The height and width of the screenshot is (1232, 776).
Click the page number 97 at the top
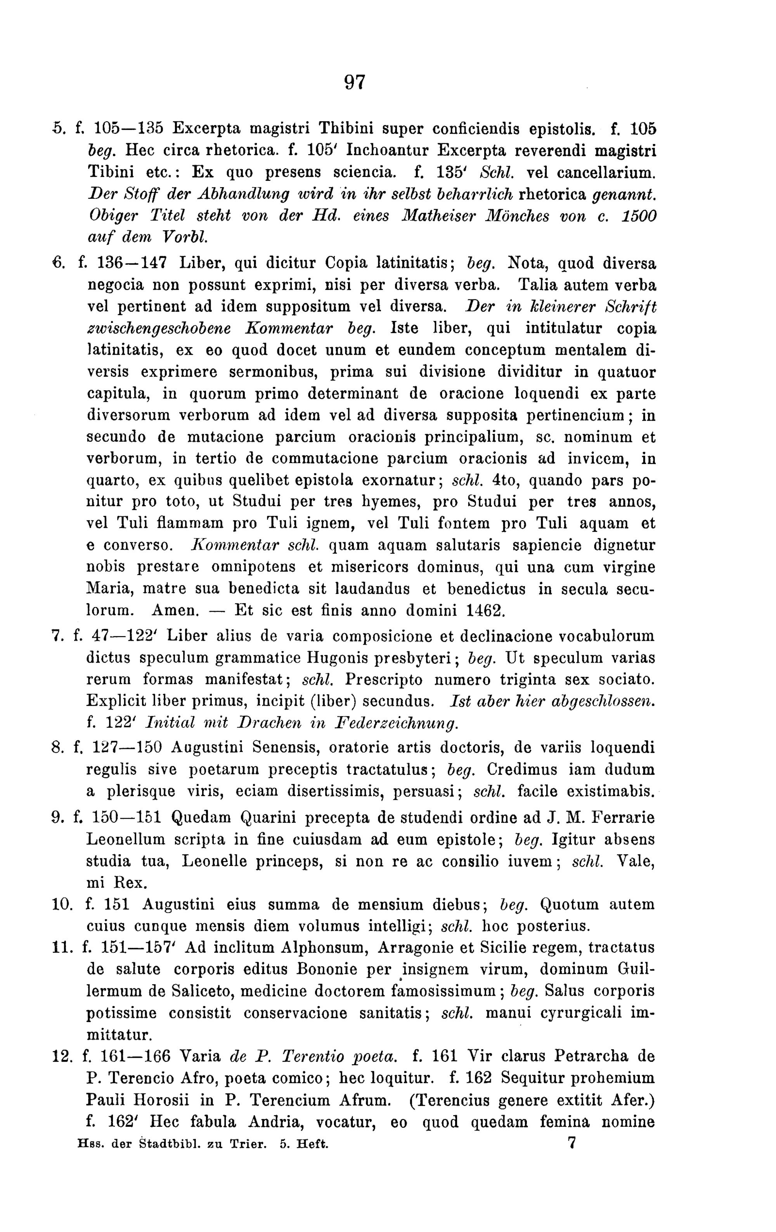[x=355, y=82]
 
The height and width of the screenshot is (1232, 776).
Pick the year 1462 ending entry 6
[x=485, y=611]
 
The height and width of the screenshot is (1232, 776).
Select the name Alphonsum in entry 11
[x=324, y=948]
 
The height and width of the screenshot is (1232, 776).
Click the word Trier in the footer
[x=249, y=1143]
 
